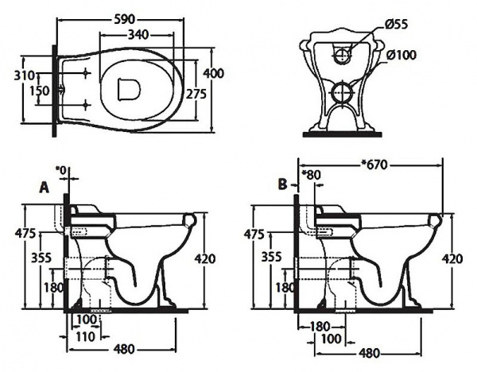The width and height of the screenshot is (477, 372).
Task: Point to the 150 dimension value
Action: coord(38,91)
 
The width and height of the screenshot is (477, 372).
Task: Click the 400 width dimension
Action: coord(213,73)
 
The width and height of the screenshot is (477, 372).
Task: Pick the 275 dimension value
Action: coord(195,93)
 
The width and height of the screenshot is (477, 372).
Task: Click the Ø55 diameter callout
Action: coord(396,25)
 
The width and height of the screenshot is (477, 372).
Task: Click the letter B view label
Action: coord(282,184)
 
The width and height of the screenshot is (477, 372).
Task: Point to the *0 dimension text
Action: coord(61,169)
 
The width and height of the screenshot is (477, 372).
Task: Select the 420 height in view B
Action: coord(452,258)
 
